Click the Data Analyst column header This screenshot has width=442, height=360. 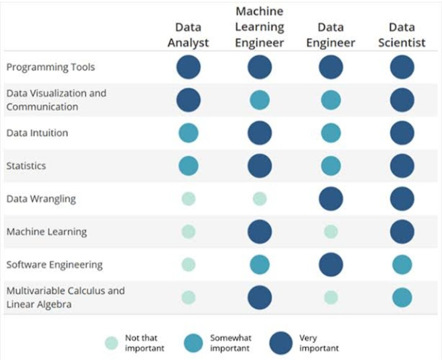pyautogui.click(x=188, y=35)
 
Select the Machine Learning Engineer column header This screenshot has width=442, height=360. pyautogui.click(x=259, y=27)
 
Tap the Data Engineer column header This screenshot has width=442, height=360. pyautogui.click(x=331, y=35)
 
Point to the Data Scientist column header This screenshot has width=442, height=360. pyautogui.click(x=401, y=35)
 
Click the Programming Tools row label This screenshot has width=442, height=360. pyautogui.click(x=50, y=67)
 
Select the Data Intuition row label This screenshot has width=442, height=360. pyautogui.click(x=37, y=133)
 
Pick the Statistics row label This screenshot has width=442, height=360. pyautogui.click(x=26, y=166)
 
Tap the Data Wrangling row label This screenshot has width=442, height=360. pyautogui.click(x=41, y=199)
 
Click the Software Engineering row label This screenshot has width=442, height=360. pyautogui.click(x=54, y=265)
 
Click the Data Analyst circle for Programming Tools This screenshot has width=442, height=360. pyautogui.click(x=189, y=67)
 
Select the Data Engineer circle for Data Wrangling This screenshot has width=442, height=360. pyautogui.click(x=331, y=199)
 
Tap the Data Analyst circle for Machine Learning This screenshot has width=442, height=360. pyautogui.click(x=189, y=232)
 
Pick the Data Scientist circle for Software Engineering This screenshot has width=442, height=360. pyautogui.click(x=402, y=265)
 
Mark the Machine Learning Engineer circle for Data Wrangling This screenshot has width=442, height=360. pyautogui.click(x=259, y=199)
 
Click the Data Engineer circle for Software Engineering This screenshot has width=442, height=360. pyautogui.click(x=331, y=265)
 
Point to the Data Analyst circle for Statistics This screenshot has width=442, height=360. pyautogui.click(x=189, y=166)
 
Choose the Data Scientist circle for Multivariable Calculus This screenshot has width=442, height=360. pyautogui.click(x=402, y=297)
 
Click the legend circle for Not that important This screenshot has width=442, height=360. pyautogui.click(x=111, y=343)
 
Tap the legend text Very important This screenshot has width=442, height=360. pyautogui.click(x=319, y=343)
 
